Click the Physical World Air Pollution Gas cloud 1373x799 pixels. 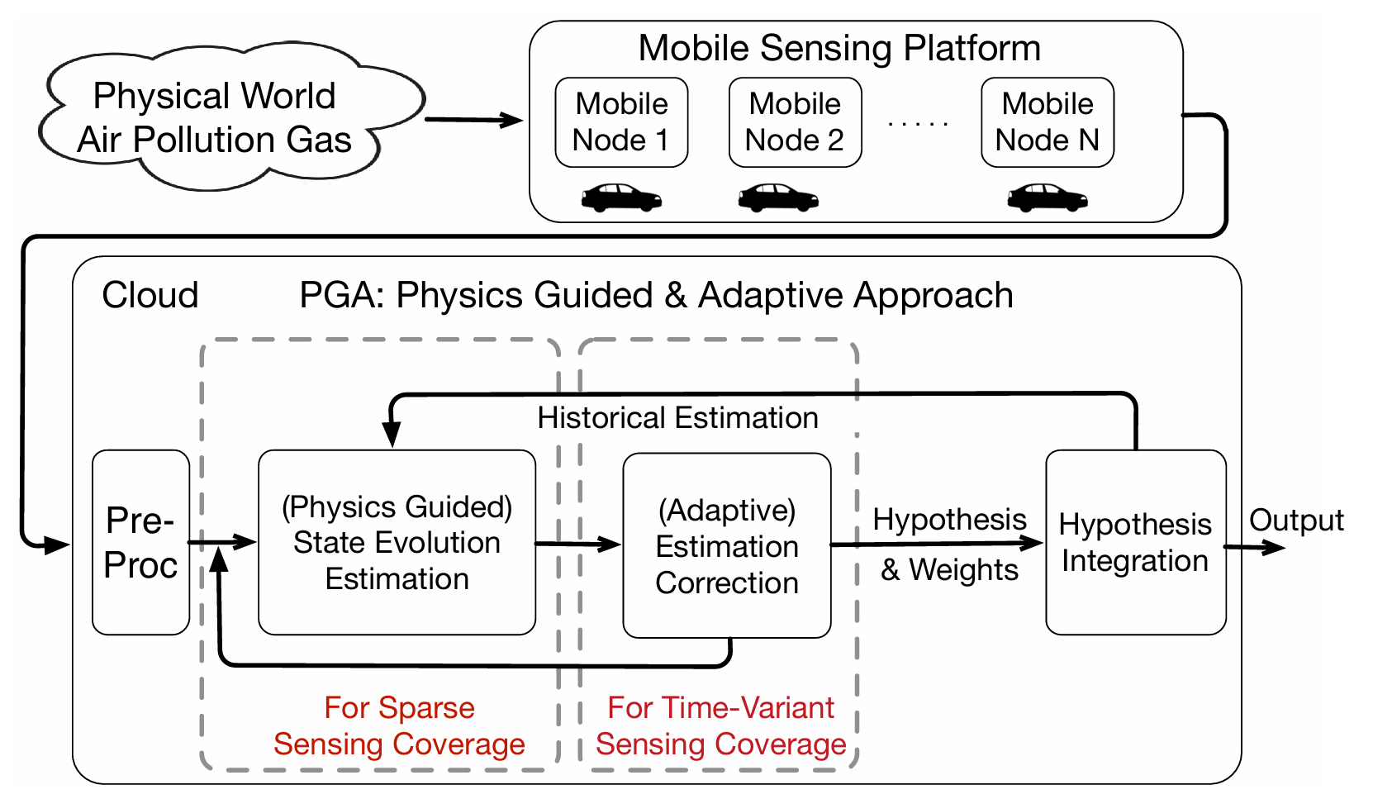[x=215, y=118]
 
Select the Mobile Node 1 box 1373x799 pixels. [x=621, y=122]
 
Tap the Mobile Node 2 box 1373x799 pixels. [x=795, y=122]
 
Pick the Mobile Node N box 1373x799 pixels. [x=1047, y=122]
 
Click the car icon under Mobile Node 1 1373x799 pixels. [x=621, y=197]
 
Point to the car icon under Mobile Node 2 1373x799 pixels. [x=778, y=198]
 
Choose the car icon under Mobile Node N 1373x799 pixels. [x=1048, y=198]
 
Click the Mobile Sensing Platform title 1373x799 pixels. [x=839, y=48]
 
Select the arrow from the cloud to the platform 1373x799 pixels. [x=474, y=121]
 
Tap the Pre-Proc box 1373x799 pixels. [x=140, y=542]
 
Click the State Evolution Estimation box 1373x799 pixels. [x=397, y=542]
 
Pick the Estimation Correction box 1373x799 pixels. [x=726, y=545]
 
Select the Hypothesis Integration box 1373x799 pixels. [x=1135, y=542]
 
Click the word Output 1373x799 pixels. [x=1296, y=521]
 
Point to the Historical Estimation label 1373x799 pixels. [x=677, y=418]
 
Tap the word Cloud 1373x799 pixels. [x=150, y=295]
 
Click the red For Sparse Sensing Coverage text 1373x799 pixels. [x=399, y=725]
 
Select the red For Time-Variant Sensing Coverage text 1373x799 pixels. [x=720, y=725]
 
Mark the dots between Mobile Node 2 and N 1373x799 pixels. [x=918, y=124]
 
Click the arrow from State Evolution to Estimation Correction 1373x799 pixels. [x=578, y=545]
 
